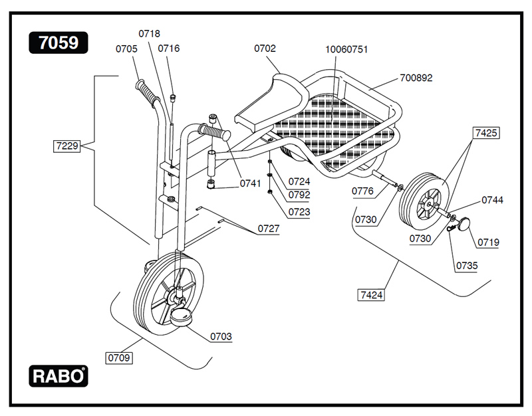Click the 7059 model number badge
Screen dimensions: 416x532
tap(59, 43)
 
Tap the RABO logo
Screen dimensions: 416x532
tap(59, 376)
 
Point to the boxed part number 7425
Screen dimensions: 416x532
tap(485, 133)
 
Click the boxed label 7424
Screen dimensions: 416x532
tap(371, 294)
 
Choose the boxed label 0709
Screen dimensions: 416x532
tap(119, 358)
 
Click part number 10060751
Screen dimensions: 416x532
tap(346, 50)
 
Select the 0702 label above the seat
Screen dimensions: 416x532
tap(265, 49)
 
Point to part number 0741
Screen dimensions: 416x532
tap(250, 183)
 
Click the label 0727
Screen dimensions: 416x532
tap(269, 229)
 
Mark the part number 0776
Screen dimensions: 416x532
tap(362, 191)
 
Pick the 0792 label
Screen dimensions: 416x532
tap(299, 196)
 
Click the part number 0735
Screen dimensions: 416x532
tap(466, 266)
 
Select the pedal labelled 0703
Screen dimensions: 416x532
tap(180, 318)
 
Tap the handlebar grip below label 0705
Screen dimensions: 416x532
tap(149, 94)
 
